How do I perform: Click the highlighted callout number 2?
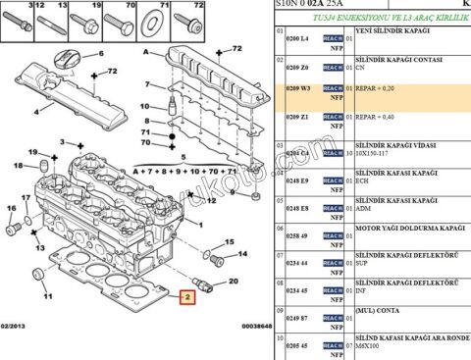186,295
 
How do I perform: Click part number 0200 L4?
297,36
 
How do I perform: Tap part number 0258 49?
297,236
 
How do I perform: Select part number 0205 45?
297,345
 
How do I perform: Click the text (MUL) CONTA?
378,309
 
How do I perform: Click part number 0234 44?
297,264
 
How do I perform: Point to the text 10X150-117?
379,154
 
